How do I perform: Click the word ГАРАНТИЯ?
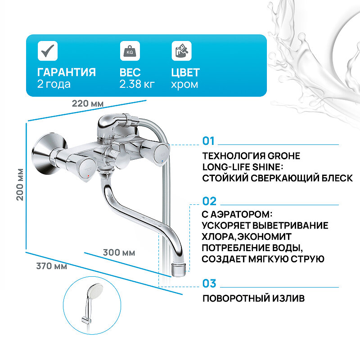(67, 72)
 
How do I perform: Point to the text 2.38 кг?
(137, 84)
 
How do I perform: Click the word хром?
(184, 84)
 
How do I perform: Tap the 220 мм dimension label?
(88, 103)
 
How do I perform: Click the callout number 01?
(209, 141)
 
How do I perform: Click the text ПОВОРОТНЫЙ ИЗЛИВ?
(253, 298)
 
